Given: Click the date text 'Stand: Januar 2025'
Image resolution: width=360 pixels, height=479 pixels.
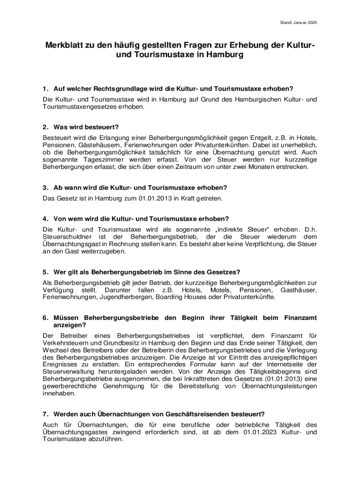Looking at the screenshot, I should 298,22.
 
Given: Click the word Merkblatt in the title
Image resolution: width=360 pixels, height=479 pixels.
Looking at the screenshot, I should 66,45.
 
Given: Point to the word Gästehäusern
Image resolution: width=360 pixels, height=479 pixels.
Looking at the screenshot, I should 99,145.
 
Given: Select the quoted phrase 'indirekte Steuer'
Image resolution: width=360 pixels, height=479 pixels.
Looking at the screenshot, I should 241,229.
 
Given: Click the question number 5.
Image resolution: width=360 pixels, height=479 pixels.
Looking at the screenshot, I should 45,272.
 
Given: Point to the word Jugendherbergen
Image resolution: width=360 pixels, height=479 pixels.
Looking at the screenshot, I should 125,297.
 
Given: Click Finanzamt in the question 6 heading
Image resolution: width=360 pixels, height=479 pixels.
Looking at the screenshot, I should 300,318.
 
